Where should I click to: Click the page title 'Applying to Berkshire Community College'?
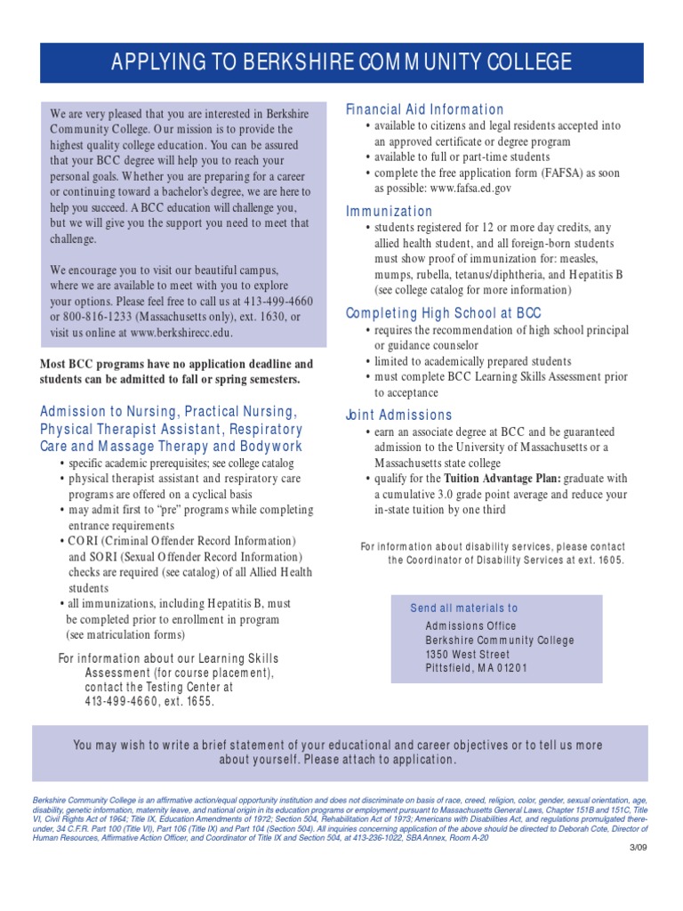pyautogui.click(x=341, y=61)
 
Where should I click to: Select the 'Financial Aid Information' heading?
pyautogui.click(x=424, y=109)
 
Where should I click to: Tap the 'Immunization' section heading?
pyautogui.click(x=389, y=212)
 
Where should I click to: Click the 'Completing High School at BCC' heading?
pyautogui.click(x=443, y=313)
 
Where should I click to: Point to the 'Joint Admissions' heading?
pyautogui.click(x=398, y=415)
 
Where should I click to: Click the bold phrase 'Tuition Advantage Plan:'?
pyautogui.click(x=494, y=479)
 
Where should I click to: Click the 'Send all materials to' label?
pyautogui.click(x=463, y=609)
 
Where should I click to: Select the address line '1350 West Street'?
pyautogui.click(x=468, y=654)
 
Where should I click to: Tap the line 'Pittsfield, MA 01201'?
pyautogui.click(x=476, y=668)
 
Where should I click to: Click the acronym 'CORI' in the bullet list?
pyautogui.click(x=85, y=542)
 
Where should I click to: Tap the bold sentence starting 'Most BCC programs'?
pyautogui.click(x=176, y=372)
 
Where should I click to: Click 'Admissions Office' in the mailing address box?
pyautogui.click(x=470, y=625)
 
